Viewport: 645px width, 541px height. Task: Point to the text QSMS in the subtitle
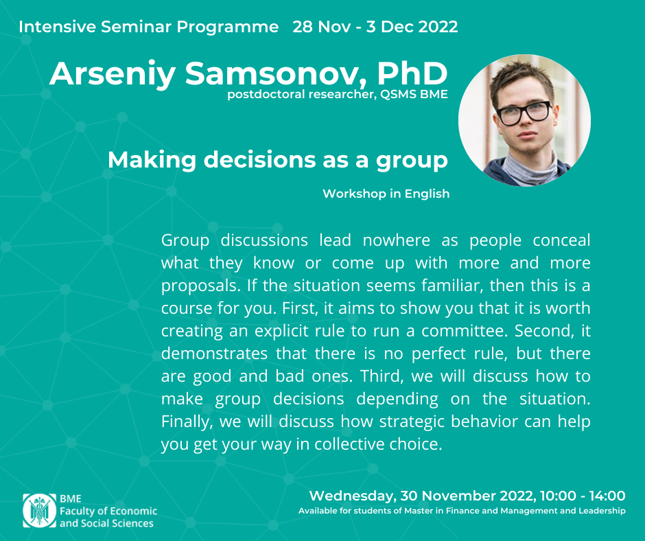pyautogui.click(x=398, y=94)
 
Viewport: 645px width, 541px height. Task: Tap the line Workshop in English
pyautogui.click(x=386, y=194)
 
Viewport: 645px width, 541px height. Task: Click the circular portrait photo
pyautogui.click(x=524, y=120)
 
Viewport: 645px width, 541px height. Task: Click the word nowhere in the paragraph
pyautogui.click(x=396, y=240)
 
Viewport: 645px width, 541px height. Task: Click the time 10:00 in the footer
pyautogui.click(x=558, y=496)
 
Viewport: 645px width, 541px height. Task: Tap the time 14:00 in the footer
pyautogui.click(x=607, y=496)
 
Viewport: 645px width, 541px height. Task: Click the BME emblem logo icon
pyautogui.click(x=40, y=511)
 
